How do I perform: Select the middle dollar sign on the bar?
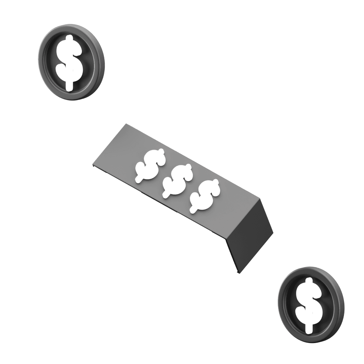tap(177, 182)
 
